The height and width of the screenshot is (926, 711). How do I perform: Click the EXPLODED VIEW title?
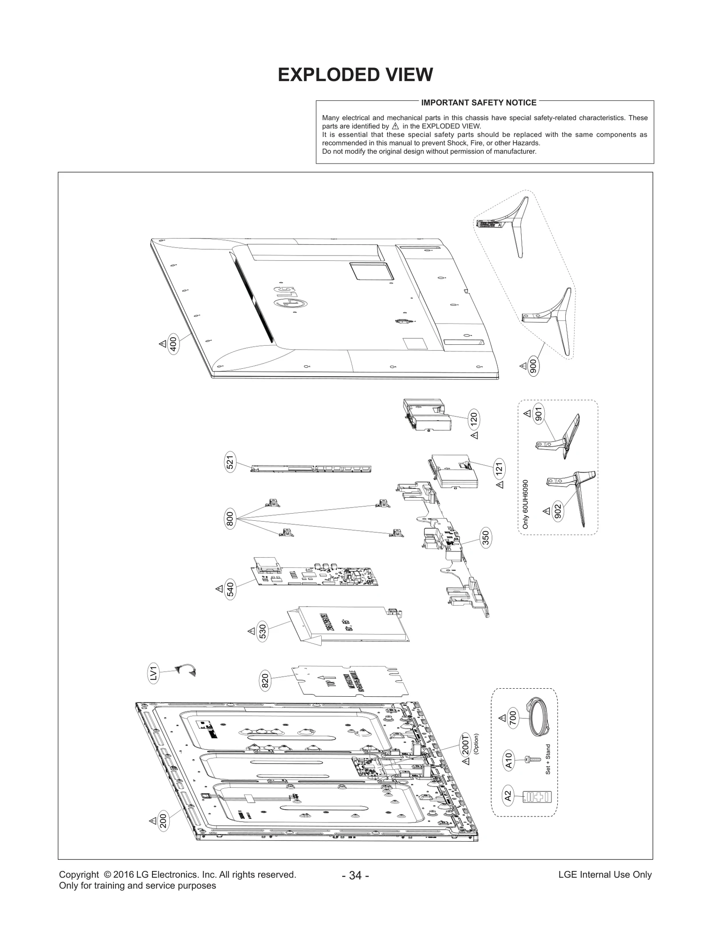pyautogui.click(x=355, y=75)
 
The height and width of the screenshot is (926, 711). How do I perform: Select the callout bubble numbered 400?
pyautogui.click(x=173, y=345)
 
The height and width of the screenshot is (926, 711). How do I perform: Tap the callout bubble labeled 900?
pyautogui.click(x=533, y=366)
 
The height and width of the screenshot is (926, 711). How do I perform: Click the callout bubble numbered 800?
pyautogui.click(x=230, y=519)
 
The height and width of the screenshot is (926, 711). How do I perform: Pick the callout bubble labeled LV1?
pyautogui.click(x=153, y=673)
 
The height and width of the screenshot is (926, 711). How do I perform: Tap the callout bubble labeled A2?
pyautogui.click(x=508, y=796)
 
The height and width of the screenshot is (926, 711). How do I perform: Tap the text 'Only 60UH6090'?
pyautogui.click(x=526, y=504)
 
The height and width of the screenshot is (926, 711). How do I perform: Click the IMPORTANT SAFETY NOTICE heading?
pyautogui.click(x=479, y=103)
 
